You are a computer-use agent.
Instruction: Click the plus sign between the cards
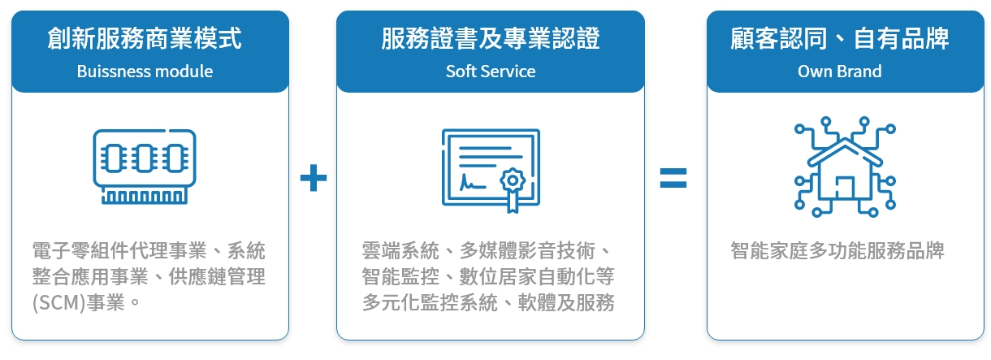click(314, 178)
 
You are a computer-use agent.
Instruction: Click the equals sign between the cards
click(673, 178)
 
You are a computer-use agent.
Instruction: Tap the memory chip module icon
click(145, 167)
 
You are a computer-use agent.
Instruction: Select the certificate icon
click(491, 171)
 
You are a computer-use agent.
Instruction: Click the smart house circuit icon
click(845, 167)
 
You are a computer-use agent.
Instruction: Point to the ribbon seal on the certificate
click(513, 189)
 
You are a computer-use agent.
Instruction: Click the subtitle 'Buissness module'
click(145, 72)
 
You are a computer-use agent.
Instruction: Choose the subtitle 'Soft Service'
click(490, 72)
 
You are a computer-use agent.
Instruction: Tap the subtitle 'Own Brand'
click(839, 72)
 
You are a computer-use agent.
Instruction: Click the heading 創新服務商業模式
click(145, 38)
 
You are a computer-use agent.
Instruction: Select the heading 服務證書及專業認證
click(490, 38)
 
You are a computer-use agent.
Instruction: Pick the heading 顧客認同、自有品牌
click(839, 38)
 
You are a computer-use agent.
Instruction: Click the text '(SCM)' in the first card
click(58, 303)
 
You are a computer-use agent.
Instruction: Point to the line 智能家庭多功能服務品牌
click(837, 250)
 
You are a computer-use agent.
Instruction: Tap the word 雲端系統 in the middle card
click(400, 250)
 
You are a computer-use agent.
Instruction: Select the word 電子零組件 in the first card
click(80, 250)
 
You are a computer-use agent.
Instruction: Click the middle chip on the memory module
click(145, 158)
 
